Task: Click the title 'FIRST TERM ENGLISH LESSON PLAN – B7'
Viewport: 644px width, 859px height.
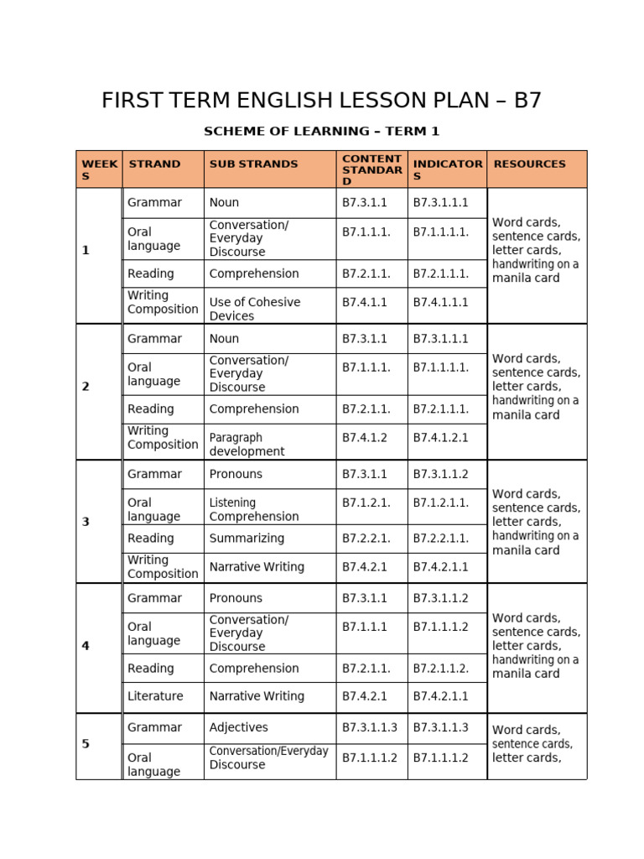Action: click(x=321, y=101)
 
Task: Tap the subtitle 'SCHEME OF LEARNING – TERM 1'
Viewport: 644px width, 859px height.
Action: click(x=321, y=132)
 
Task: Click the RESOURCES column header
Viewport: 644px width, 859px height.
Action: click(x=529, y=164)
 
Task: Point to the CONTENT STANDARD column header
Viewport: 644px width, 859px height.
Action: click(x=371, y=169)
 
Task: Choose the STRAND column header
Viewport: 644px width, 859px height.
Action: click(x=154, y=164)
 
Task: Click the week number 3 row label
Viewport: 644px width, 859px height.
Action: click(x=86, y=522)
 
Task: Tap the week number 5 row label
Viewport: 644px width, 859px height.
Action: click(x=86, y=744)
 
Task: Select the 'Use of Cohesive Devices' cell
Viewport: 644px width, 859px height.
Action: click(x=254, y=309)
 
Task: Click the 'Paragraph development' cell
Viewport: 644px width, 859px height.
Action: click(x=247, y=444)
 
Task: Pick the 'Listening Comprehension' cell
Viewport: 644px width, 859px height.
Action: click(x=253, y=509)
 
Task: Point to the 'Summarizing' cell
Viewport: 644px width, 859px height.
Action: click(x=247, y=539)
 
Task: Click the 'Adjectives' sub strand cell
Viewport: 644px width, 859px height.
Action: click(x=237, y=727)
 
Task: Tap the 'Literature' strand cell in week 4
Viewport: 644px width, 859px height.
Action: click(x=155, y=696)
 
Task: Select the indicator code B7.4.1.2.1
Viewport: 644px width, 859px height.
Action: click(x=440, y=437)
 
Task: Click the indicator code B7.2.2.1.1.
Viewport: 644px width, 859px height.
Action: click(x=440, y=539)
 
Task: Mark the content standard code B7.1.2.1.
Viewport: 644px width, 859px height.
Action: click(x=366, y=502)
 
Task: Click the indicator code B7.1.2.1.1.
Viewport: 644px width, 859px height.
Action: click(x=440, y=502)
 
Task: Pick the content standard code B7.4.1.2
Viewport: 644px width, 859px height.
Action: click(x=365, y=437)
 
